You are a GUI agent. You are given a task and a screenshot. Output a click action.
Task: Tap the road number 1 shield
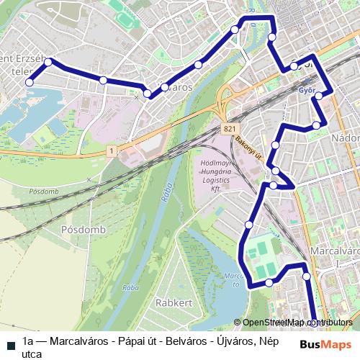pyautogui.click(x=112, y=150)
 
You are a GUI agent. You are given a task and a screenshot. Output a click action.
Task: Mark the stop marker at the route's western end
pyautogui.click(x=30, y=82)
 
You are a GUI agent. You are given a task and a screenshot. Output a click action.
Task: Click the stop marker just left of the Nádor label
pyautogui.click(x=316, y=127)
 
